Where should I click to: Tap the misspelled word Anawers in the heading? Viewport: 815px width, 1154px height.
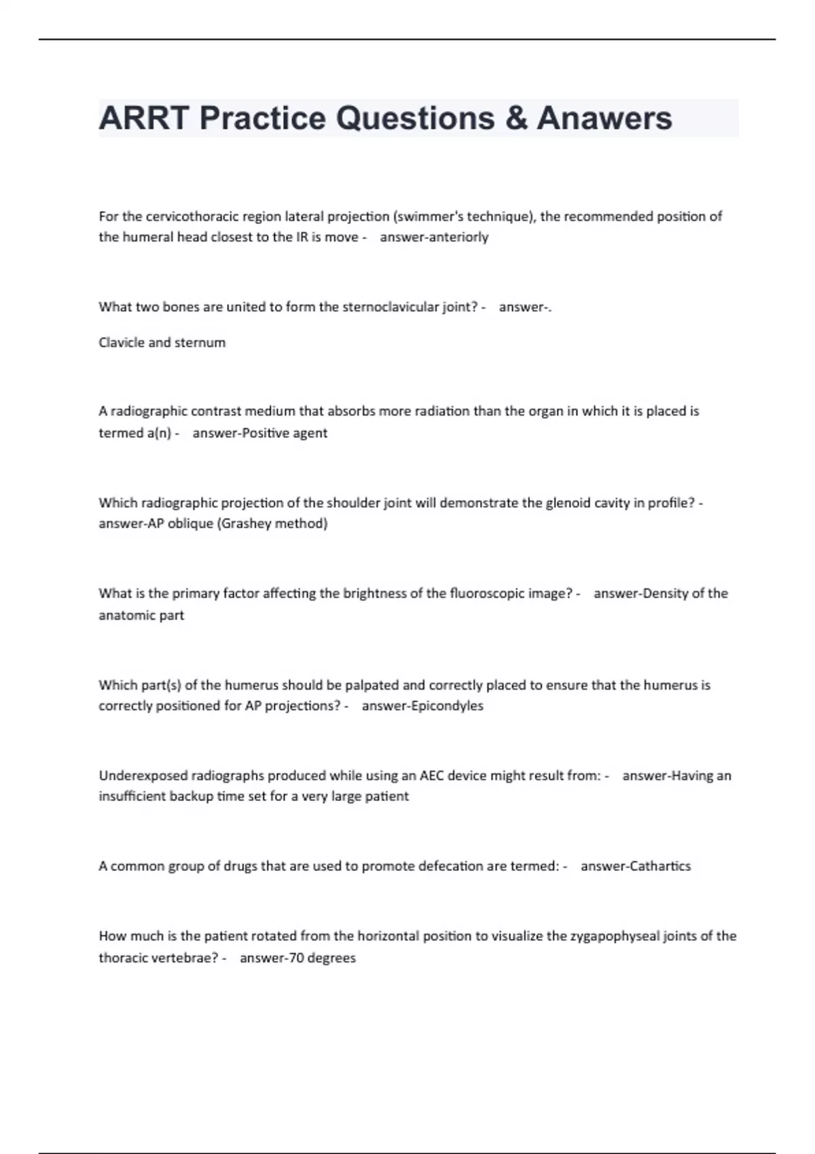(604, 118)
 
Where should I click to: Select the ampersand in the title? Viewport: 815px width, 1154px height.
(516, 118)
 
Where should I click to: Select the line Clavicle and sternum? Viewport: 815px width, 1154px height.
(162, 343)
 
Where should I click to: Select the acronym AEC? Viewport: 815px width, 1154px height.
(432, 775)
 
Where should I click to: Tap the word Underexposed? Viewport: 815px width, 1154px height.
(143, 775)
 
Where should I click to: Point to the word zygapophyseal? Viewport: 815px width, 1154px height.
(612, 936)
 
